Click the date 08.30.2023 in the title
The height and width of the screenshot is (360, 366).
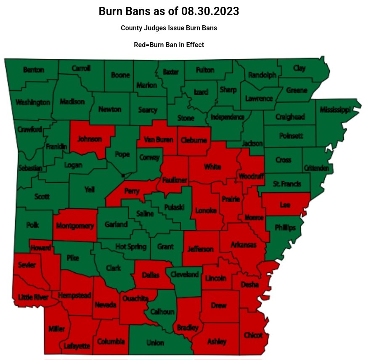click(210, 11)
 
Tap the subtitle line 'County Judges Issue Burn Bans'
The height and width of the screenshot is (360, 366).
click(169, 28)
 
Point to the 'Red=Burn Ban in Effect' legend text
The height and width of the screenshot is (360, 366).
click(169, 45)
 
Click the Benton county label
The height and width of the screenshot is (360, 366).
click(34, 70)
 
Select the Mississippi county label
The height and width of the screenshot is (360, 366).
click(335, 110)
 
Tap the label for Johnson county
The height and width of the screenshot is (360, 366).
click(90, 139)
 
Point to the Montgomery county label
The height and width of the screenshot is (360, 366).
click(75, 226)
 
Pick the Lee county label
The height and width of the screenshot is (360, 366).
click(284, 205)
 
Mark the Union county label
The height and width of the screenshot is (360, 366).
click(155, 343)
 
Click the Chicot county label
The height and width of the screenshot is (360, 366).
click(253, 335)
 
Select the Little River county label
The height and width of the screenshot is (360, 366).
click(33, 298)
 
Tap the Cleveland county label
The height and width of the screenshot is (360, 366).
click(185, 275)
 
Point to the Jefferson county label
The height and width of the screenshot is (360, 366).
click(201, 249)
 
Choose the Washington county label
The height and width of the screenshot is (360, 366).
click(32, 102)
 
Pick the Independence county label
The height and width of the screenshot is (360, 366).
click(228, 117)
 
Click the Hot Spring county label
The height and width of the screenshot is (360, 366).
click(131, 247)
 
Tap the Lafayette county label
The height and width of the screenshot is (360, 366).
click(77, 346)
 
